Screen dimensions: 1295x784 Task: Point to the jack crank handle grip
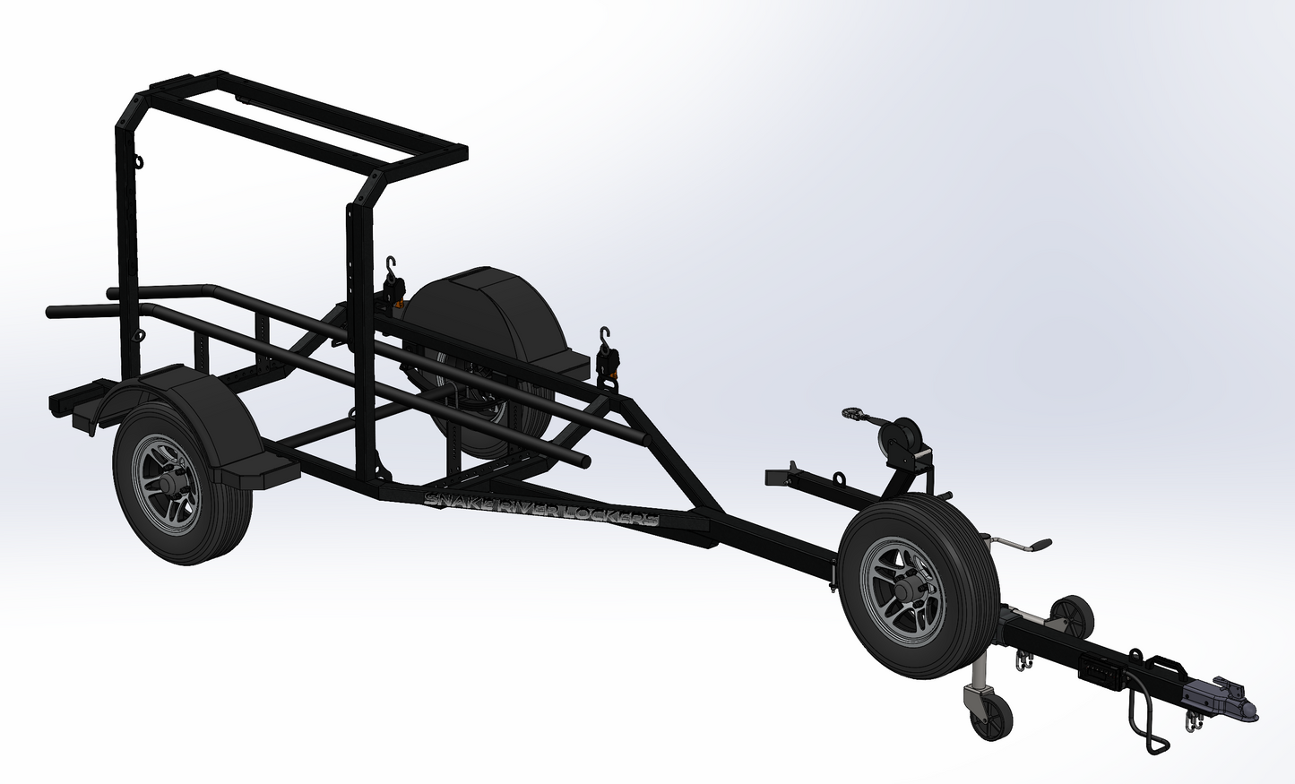1040,544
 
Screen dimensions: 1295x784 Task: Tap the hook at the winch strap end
852,413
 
